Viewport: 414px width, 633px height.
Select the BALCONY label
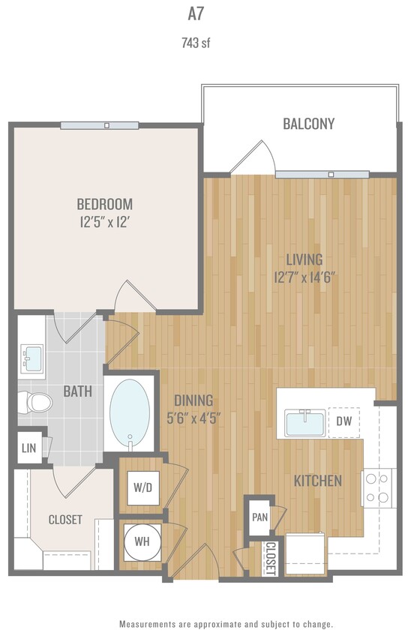point(308,124)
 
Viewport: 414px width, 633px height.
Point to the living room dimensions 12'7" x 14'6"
point(304,276)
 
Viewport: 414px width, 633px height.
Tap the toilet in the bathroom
point(36,403)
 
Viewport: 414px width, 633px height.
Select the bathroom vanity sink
point(31,358)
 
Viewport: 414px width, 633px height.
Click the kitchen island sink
point(304,423)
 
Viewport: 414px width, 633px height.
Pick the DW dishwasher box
point(344,421)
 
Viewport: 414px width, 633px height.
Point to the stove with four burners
point(379,487)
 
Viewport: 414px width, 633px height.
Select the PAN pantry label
point(259,517)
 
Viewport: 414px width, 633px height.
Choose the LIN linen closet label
point(28,448)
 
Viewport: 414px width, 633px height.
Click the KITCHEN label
point(318,481)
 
